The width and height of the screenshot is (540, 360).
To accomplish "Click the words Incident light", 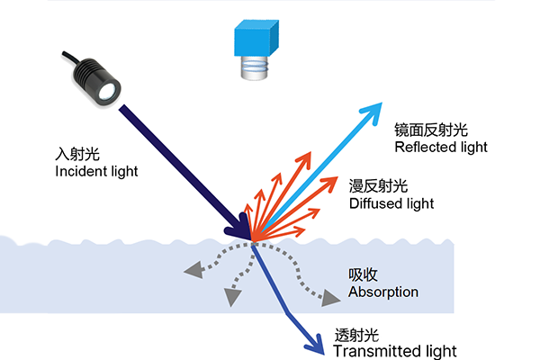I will (97, 172).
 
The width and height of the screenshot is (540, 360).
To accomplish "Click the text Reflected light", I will (440, 147).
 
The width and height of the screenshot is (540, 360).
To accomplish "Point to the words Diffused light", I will (391, 204).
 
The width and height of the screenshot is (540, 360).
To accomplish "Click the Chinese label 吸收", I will (362, 274).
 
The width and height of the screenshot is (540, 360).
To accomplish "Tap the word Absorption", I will (383, 292).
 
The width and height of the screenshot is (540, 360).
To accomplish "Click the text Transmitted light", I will (395, 350).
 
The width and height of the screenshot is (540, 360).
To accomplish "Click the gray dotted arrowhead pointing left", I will (191, 268).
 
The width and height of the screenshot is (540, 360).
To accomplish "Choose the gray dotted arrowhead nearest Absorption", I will (329, 294).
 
